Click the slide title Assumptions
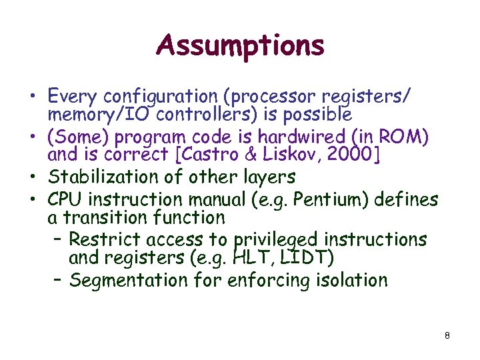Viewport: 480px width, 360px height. click(x=240, y=46)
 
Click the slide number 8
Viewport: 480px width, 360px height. click(x=447, y=335)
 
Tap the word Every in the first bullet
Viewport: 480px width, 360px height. click(x=72, y=97)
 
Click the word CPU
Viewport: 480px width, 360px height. click(x=65, y=199)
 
